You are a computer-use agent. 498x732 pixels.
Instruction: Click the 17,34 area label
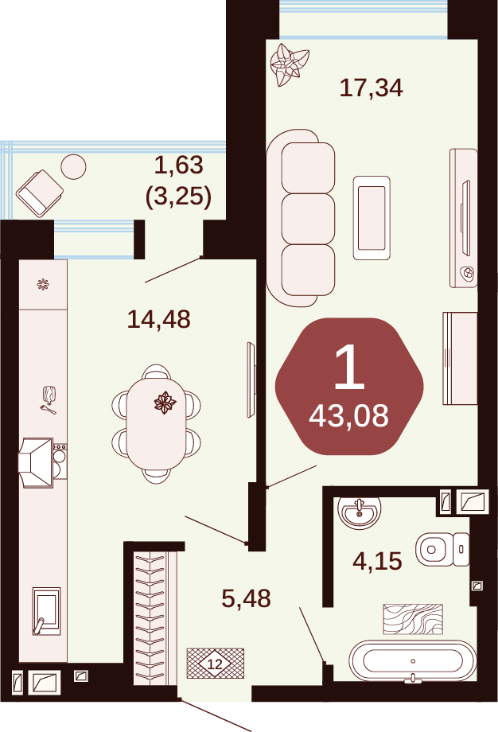click(x=371, y=88)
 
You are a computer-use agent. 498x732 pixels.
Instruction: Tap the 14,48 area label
click(x=158, y=319)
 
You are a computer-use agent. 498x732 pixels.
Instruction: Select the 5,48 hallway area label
click(x=246, y=598)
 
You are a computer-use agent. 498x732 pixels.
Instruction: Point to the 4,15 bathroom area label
click(x=377, y=561)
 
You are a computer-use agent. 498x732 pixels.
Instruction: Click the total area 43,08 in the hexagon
click(x=348, y=415)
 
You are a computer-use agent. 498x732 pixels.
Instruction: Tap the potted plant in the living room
click(x=290, y=64)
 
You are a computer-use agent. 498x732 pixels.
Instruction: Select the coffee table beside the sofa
click(x=372, y=217)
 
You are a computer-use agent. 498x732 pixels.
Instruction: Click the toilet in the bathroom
click(x=442, y=549)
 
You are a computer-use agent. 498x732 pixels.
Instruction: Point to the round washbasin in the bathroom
click(x=360, y=512)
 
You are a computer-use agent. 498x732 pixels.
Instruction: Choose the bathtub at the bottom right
click(x=413, y=661)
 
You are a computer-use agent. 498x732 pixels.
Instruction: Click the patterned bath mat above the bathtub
click(x=413, y=620)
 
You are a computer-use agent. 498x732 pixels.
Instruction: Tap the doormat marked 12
click(x=215, y=664)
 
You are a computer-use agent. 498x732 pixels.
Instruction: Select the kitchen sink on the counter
click(x=47, y=611)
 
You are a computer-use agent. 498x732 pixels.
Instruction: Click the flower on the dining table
click(x=165, y=403)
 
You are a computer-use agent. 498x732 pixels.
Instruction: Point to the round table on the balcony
click(x=73, y=166)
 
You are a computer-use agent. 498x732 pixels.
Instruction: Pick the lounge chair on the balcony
click(x=40, y=193)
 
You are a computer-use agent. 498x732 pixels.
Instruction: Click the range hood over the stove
click(x=36, y=462)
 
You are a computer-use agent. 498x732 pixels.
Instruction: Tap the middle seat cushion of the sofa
click(x=308, y=219)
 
